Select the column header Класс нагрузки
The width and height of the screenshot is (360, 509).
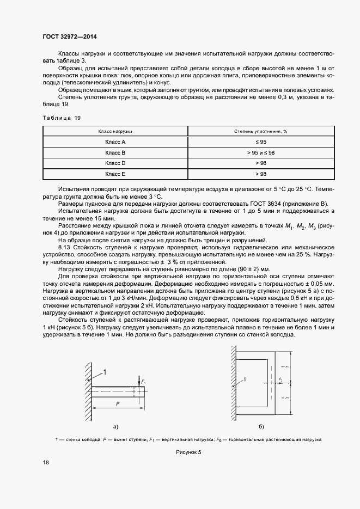pyautogui.click(x=115, y=131)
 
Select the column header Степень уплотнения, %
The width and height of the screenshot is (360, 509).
pyautogui.click(x=260, y=131)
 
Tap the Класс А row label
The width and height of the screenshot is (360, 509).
pyautogui.click(x=115, y=142)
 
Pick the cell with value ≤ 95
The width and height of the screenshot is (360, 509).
pyautogui.click(x=260, y=142)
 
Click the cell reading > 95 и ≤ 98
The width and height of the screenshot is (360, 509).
pyautogui.click(x=260, y=152)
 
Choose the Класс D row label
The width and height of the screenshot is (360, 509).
pyautogui.click(x=115, y=163)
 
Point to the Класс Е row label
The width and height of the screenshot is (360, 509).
pyautogui.click(x=115, y=174)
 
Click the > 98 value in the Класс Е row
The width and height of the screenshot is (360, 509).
pyautogui.click(x=260, y=174)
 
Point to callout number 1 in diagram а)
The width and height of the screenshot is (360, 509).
pyautogui.click(x=105, y=372)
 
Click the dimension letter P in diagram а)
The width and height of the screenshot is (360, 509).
pyautogui.click(x=117, y=403)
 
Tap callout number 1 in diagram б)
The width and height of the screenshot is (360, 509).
pyautogui.click(x=246, y=379)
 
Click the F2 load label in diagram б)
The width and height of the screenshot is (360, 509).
pyautogui.click(x=280, y=378)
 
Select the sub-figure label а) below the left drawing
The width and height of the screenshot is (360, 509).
pyautogui.click(x=115, y=426)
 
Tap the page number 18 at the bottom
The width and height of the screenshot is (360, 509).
pyautogui.click(x=46, y=462)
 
